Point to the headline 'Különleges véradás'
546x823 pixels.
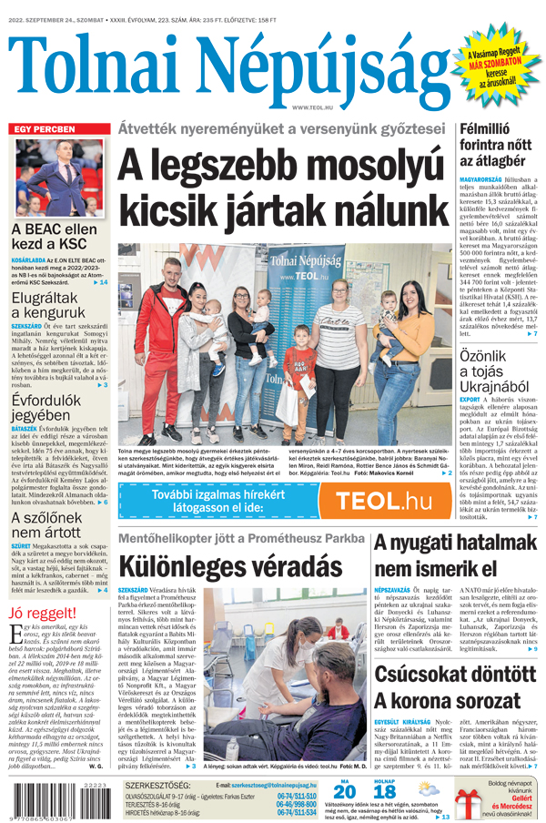223,564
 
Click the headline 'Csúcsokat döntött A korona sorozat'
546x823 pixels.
455,688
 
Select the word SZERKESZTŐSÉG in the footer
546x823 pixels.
157,784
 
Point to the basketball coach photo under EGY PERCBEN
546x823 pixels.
59,178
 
